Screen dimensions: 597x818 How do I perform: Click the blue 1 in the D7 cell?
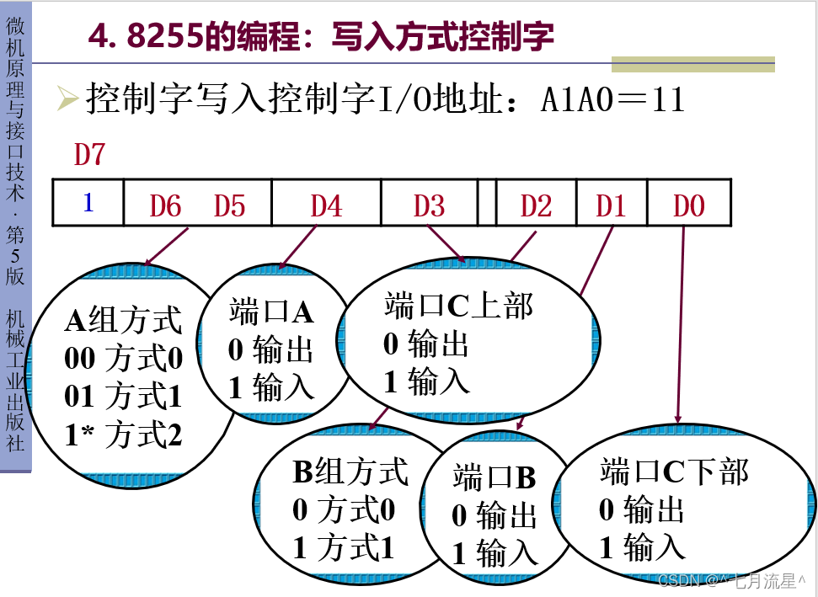(x=88, y=203)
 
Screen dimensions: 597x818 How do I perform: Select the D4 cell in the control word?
(x=326, y=205)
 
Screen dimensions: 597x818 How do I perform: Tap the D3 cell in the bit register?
(x=429, y=205)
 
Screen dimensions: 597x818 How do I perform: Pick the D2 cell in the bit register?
(x=536, y=205)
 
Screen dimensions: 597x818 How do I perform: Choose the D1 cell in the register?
(x=611, y=205)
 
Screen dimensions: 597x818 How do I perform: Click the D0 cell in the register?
(x=688, y=205)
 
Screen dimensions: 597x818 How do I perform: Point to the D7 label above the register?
(x=90, y=155)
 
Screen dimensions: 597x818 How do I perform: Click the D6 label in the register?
(x=165, y=205)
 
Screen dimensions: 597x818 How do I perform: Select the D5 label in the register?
(x=229, y=205)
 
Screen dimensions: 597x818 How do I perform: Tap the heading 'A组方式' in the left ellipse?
(x=123, y=321)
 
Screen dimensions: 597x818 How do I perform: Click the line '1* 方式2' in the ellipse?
(x=123, y=435)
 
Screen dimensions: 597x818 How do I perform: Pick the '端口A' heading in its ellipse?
(x=271, y=312)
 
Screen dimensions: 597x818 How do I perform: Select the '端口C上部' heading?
(x=459, y=306)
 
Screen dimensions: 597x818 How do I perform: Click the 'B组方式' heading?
(x=350, y=472)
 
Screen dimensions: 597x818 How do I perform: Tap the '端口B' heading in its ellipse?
(x=495, y=477)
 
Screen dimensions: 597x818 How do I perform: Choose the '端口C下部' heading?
(x=674, y=472)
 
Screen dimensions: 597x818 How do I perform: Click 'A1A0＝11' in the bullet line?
(x=612, y=101)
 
